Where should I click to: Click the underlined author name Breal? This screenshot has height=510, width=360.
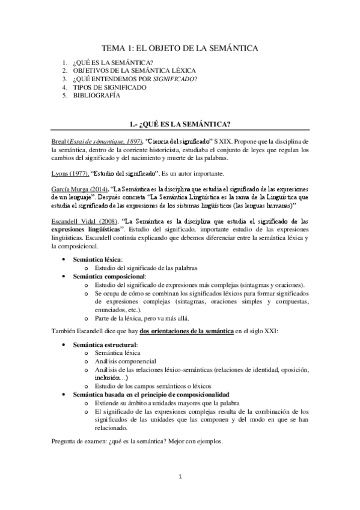[x=59, y=141]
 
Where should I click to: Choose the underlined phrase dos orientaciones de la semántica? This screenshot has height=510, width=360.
[x=186, y=331]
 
